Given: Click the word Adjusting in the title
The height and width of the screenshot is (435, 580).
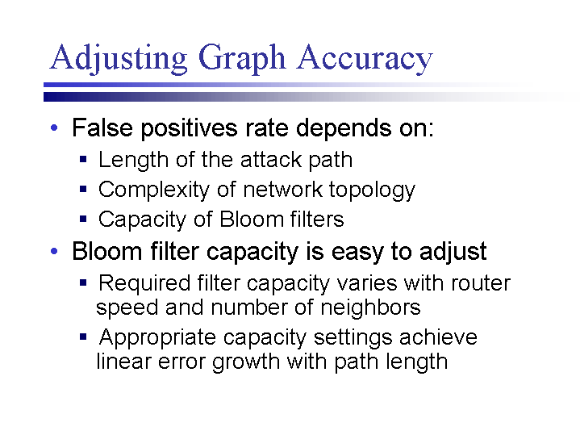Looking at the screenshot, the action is [x=119, y=58].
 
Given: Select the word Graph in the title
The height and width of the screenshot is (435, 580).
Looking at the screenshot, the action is [x=242, y=58].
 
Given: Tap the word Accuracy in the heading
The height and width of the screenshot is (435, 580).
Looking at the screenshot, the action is [x=365, y=58].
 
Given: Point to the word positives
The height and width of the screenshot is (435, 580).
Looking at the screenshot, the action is [x=190, y=129].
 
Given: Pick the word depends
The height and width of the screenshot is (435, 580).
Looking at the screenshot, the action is [x=344, y=129].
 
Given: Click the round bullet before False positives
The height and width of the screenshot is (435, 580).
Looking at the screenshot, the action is [x=54, y=128].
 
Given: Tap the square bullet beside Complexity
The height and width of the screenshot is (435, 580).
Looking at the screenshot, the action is [x=83, y=189].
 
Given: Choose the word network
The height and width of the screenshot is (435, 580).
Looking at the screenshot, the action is [x=282, y=190].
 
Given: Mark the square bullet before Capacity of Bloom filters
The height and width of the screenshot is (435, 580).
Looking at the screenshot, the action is [x=83, y=219].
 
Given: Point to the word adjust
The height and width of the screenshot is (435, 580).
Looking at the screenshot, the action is [x=453, y=252].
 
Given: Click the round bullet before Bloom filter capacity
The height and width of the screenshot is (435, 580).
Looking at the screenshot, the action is [x=54, y=251].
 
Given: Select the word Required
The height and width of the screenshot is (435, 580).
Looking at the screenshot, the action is [x=144, y=283].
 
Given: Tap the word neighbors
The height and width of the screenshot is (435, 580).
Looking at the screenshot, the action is [x=370, y=307].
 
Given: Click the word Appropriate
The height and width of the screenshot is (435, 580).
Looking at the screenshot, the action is [x=157, y=338].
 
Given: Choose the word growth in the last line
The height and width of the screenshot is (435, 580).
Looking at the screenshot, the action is [x=246, y=362].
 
